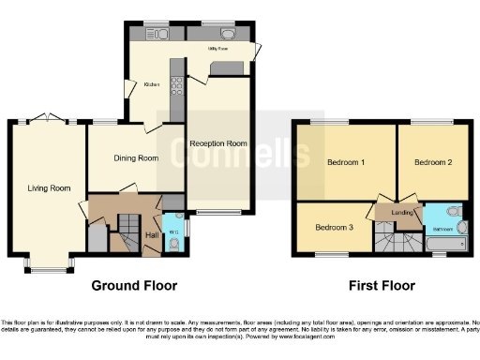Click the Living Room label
point(49,188)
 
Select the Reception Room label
point(217,143)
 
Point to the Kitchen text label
point(152,85)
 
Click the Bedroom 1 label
point(346,163)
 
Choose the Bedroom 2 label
point(433,163)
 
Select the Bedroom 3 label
point(334,228)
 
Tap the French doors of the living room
point(47,120)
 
